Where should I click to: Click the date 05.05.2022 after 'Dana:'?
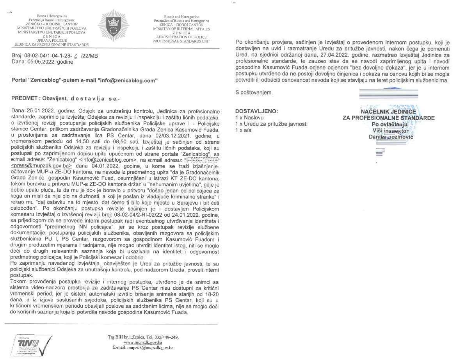tap(42, 62)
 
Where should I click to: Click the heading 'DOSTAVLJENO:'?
tap(256, 111)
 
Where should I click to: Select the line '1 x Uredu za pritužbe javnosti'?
tap(271, 124)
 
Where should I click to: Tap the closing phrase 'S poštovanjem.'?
tap(254, 93)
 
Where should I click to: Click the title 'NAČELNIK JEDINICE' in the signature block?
tap(388, 112)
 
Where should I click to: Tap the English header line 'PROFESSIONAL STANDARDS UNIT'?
tap(181, 41)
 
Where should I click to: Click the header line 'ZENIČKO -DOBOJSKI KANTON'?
tap(52, 24)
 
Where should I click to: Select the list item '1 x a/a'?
tap(244, 130)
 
